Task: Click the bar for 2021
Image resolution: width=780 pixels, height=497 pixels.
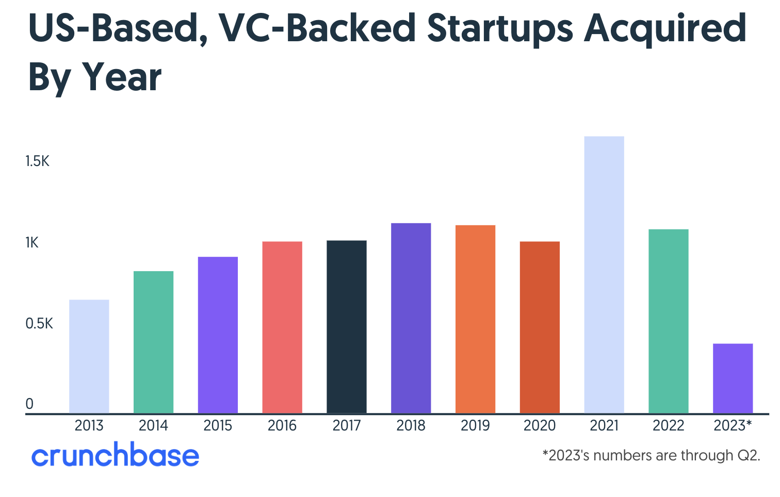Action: (604, 275)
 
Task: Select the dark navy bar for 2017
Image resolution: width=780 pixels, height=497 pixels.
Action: (347, 327)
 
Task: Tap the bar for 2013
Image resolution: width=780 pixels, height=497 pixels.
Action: (89, 356)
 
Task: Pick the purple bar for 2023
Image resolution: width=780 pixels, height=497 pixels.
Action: (733, 378)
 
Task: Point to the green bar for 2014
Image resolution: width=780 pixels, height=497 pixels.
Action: (153, 342)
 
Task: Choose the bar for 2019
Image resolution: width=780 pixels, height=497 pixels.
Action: (475, 319)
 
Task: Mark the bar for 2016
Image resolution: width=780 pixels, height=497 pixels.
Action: (282, 327)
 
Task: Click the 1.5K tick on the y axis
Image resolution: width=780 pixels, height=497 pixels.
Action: (37, 162)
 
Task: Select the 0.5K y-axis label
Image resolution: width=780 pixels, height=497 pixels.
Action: (39, 324)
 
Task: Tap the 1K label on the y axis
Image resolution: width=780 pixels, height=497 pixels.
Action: (32, 243)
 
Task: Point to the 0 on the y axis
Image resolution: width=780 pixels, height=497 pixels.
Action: (29, 404)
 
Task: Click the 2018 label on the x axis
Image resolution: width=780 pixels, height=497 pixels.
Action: (411, 426)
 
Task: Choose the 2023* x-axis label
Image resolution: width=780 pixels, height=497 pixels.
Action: (733, 426)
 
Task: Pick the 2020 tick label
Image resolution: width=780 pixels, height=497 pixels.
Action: (540, 426)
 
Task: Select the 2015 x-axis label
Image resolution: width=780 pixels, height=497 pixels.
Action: (218, 426)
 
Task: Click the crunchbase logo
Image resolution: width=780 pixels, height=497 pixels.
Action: (115, 455)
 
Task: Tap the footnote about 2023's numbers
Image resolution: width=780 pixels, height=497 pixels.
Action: (651, 456)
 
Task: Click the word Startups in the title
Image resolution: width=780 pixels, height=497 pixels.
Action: (500, 28)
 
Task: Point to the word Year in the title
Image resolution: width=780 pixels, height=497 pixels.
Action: (122, 77)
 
